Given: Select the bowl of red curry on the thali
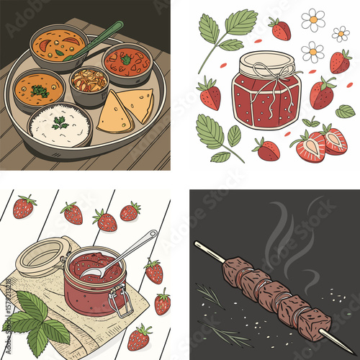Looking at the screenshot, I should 126,63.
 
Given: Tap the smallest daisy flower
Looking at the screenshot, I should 341,33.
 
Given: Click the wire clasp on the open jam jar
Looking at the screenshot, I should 122,301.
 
